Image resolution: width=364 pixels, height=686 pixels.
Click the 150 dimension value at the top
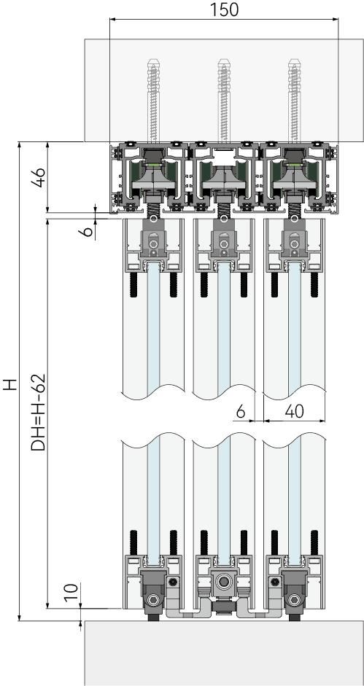coord(224,9)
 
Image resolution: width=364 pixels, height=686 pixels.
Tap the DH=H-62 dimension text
coord(39,412)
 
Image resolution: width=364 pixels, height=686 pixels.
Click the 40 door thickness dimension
coord(295,411)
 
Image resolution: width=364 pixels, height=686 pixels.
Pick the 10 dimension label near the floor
coord(73,592)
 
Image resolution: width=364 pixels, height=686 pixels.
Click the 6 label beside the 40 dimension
coord(241,411)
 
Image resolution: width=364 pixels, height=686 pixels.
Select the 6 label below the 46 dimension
coord(88,230)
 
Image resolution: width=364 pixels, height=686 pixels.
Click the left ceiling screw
coord(153,101)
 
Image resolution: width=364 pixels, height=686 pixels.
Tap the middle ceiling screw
coord(224,101)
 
